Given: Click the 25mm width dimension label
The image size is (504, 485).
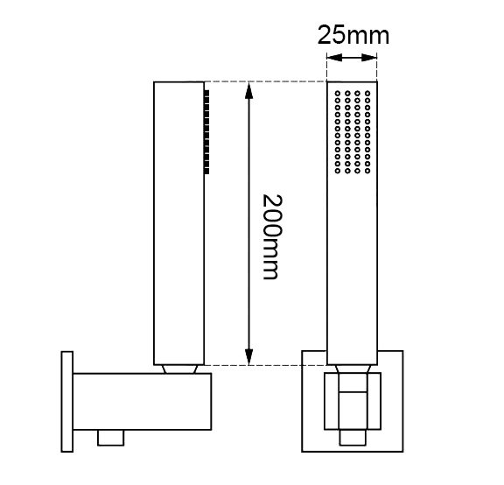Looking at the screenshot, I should pos(353,36).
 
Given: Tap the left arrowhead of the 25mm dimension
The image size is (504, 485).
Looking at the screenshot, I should pos(331,59).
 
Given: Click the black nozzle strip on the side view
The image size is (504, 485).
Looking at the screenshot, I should pos(206,130).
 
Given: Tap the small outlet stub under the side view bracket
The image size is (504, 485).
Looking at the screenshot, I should pos(109,435).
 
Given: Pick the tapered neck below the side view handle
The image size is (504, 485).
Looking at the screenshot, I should pos(178,369).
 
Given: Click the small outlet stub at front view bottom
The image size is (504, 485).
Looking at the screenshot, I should pos(352,435).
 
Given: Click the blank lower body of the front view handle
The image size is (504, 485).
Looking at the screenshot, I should pos(352,271).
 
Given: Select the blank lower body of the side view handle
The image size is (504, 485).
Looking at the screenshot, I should pos(178,271).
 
